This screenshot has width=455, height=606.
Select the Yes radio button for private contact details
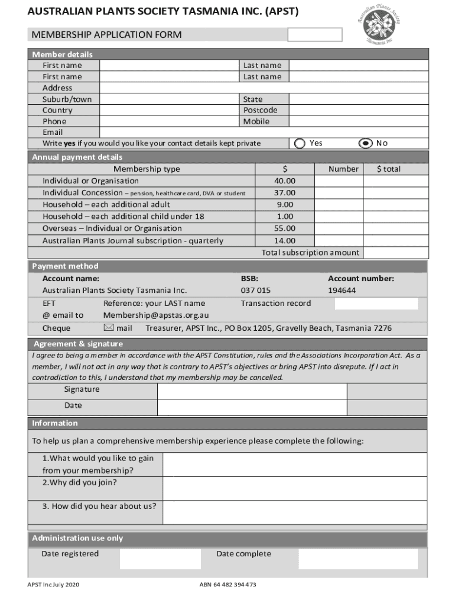(300, 143)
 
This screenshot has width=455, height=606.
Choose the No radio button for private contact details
(366, 143)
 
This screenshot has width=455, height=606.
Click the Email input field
(263, 133)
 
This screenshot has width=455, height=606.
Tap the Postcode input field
(357, 110)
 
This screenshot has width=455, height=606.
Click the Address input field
(263, 88)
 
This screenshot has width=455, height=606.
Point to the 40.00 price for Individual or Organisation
(284, 181)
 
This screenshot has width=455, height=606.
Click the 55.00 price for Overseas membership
(284, 228)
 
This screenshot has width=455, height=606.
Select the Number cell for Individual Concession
(338, 193)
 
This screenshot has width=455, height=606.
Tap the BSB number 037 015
(255, 291)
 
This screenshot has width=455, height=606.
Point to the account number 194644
(342, 291)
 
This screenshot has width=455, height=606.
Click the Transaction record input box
(376, 304)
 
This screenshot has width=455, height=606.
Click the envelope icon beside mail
(109, 328)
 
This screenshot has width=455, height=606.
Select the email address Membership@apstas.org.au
(156, 315)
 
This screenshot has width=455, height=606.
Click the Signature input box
(252, 391)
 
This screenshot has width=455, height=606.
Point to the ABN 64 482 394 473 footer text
(228, 585)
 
